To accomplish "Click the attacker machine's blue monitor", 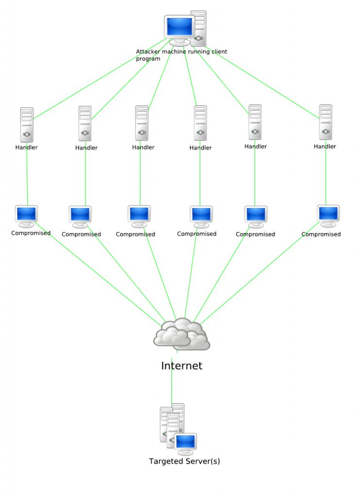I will (x=179, y=27).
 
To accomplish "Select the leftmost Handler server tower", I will (x=27, y=124).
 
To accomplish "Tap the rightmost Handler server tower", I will (x=326, y=122).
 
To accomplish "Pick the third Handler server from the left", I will (x=142, y=123).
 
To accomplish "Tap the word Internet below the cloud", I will (x=181, y=366).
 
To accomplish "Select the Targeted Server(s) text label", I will (x=184, y=461).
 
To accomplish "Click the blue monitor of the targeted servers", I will (x=186, y=442).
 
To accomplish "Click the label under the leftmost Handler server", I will (x=26, y=147).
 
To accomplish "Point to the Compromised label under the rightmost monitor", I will (x=321, y=234).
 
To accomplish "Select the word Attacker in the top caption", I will (x=148, y=51).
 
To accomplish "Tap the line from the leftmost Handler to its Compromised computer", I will (x=27, y=177).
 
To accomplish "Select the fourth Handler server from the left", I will (x=200, y=123).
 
